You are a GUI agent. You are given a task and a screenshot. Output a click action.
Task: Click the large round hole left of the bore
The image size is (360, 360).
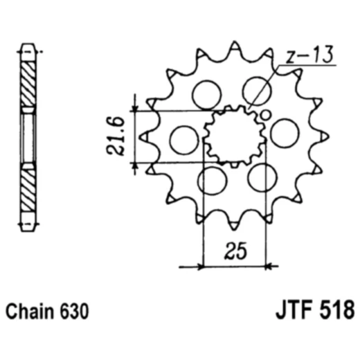[183, 140]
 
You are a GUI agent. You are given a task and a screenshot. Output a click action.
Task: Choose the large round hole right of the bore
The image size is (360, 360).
[284, 132]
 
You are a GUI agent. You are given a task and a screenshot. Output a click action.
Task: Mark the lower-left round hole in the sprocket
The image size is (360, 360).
[212, 181]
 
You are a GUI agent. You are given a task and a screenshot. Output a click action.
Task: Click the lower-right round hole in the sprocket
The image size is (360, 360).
[262, 177]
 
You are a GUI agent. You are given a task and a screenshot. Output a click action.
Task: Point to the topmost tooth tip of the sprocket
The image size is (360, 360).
[234, 45]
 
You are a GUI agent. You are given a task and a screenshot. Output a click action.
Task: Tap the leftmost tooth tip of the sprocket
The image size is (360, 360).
[143, 137]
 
